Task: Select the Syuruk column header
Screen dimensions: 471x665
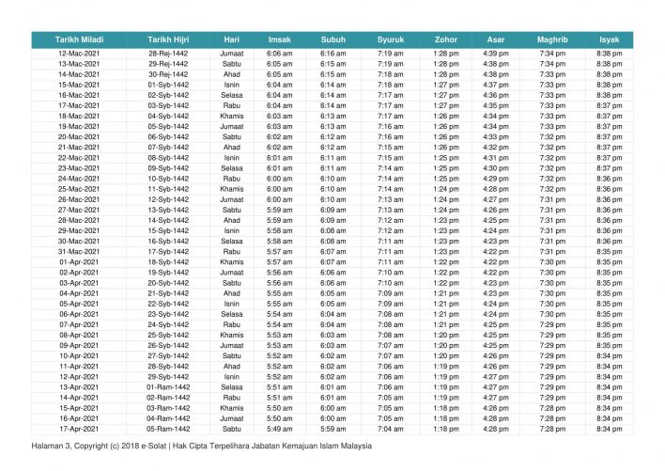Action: (x=391, y=39)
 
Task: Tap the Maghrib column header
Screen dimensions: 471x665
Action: (x=551, y=39)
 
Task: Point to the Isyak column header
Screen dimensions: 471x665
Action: (x=609, y=39)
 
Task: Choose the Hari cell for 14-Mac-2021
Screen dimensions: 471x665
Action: (x=232, y=74)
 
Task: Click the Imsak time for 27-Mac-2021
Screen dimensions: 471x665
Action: (x=280, y=210)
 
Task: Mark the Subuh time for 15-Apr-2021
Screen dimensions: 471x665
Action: (x=333, y=407)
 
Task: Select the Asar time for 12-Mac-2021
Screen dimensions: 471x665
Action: (x=496, y=54)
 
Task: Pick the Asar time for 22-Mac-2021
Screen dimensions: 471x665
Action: (x=496, y=158)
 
